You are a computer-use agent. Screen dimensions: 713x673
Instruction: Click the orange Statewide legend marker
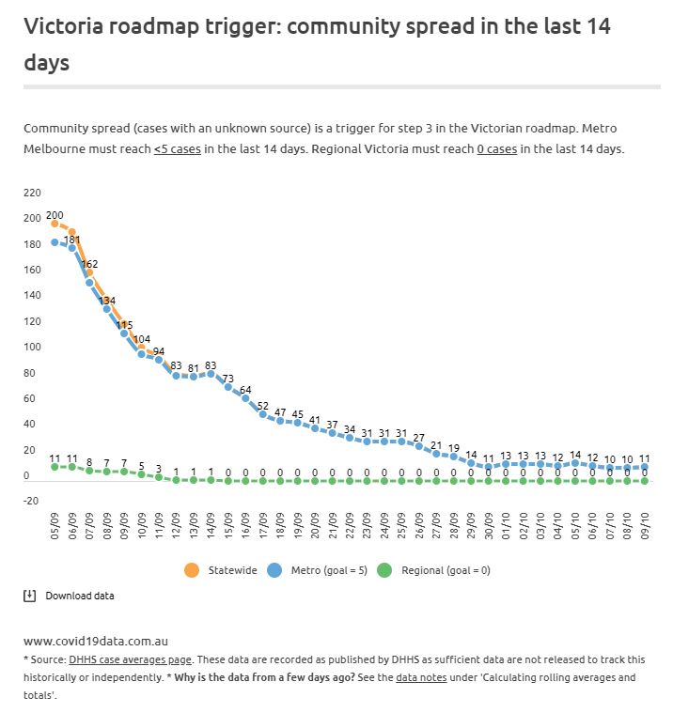(191, 569)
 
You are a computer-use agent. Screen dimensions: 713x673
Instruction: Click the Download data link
(79, 596)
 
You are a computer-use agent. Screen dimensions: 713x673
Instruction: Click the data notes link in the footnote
(421, 677)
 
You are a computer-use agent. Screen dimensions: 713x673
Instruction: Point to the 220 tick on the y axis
(32, 193)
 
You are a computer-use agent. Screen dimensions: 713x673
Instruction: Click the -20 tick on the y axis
(32, 501)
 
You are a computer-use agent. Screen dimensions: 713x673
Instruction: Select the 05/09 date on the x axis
(55, 524)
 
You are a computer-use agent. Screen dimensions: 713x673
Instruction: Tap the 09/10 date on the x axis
(646, 524)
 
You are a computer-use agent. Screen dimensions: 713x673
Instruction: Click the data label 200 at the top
(55, 215)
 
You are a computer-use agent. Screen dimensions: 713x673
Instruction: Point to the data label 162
(90, 265)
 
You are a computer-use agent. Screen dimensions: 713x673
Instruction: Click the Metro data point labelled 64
(245, 398)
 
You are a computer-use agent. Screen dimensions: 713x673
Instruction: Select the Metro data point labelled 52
(263, 413)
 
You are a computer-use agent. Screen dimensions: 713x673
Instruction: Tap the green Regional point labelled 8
(89, 471)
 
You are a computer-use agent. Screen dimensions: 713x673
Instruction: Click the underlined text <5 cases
(178, 148)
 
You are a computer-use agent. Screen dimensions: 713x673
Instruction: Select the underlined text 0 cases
(497, 148)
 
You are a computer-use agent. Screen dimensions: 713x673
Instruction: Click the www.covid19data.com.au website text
(96, 641)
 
